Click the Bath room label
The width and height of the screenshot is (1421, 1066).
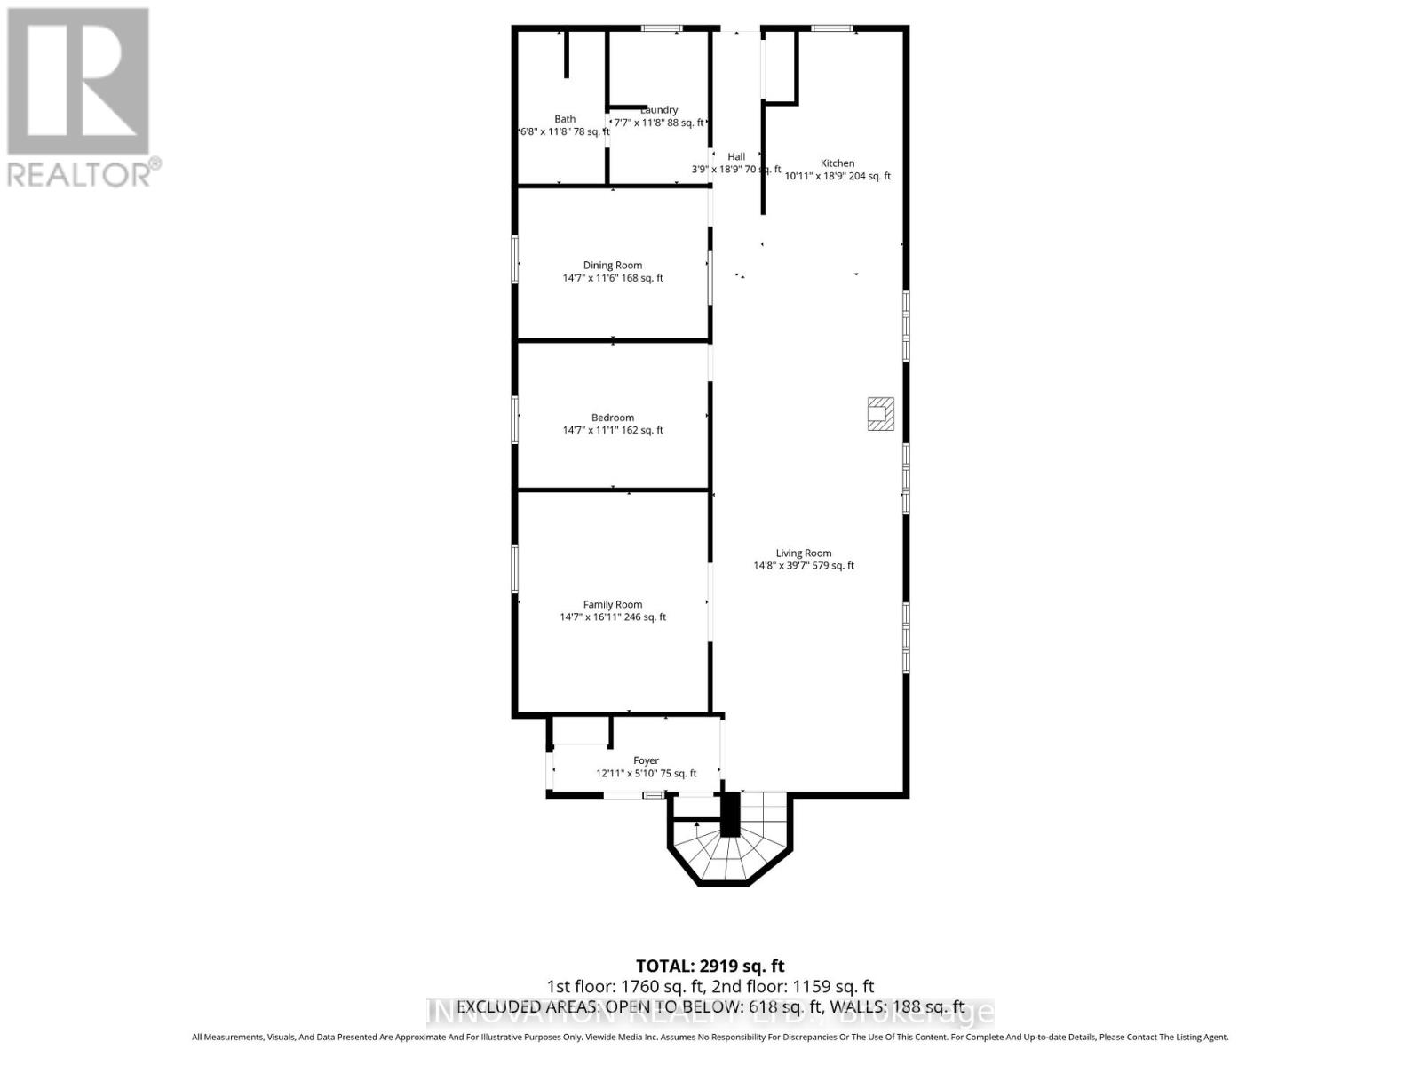565,119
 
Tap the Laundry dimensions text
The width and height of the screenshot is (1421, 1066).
659,123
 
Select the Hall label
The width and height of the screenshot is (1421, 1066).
736,156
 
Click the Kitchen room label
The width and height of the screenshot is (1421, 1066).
838,163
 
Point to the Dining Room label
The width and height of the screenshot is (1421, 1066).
613,265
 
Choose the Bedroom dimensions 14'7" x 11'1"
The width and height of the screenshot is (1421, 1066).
613,430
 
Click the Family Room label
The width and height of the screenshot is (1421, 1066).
613,604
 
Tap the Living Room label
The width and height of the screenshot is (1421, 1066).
804,553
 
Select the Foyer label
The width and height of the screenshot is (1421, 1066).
646,760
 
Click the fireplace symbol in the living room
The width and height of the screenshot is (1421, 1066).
881,414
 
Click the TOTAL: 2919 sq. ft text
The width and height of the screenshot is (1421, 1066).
710,966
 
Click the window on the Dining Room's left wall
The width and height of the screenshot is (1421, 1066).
515,259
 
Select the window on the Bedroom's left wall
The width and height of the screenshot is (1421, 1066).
515,419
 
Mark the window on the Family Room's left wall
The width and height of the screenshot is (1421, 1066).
515,569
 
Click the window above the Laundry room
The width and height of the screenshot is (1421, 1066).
661,29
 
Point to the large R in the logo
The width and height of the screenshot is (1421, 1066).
78,82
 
